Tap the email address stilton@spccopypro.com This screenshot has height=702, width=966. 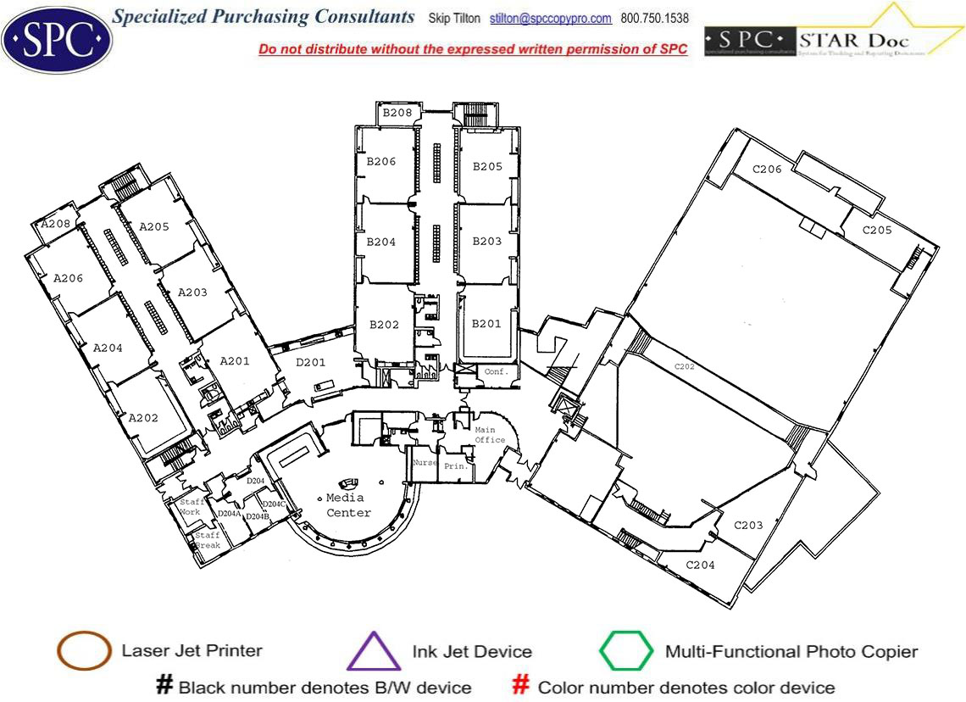click(x=551, y=19)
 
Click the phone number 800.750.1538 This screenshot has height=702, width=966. click(x=654, y=19)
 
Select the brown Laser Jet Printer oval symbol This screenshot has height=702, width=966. click(x=84, y=652)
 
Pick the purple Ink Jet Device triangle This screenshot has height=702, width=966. click(x=374, y=652)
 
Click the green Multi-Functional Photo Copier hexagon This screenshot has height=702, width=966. click(x=626, y=652)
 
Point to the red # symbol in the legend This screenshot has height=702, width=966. click(x=522, y=685)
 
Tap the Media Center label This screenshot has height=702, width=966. click(x=348, y=505)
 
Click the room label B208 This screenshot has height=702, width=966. click(x=397, y=113)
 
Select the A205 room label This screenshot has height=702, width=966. click(x=154, y=226)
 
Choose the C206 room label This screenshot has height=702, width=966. click(x=767, y=170)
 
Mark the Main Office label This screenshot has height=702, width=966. click(x=490, y=435)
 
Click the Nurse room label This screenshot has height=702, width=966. click(x=424, y=463)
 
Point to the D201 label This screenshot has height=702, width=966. click(x=311, y=363)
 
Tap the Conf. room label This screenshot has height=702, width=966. click(x=494, y=371)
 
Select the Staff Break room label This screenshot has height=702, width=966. click(x=208, y=540)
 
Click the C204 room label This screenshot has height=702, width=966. click(x=700, y=565)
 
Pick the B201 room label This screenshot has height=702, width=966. click(x=486, y=323)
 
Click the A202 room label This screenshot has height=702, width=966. click(x=143, y=418)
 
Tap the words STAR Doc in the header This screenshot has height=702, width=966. click(x=855, y=40)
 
